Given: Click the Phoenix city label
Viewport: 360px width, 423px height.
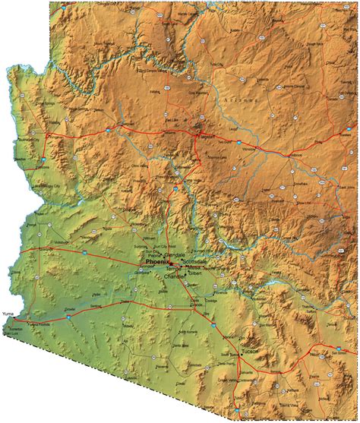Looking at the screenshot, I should click(x=156, y=261).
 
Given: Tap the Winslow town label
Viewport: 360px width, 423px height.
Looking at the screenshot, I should click(x=249, y=149).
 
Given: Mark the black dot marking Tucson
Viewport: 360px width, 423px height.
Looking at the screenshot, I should click(x=242, y=352).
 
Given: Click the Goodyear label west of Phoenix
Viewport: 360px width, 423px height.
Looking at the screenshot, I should click(x=141, y=271).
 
